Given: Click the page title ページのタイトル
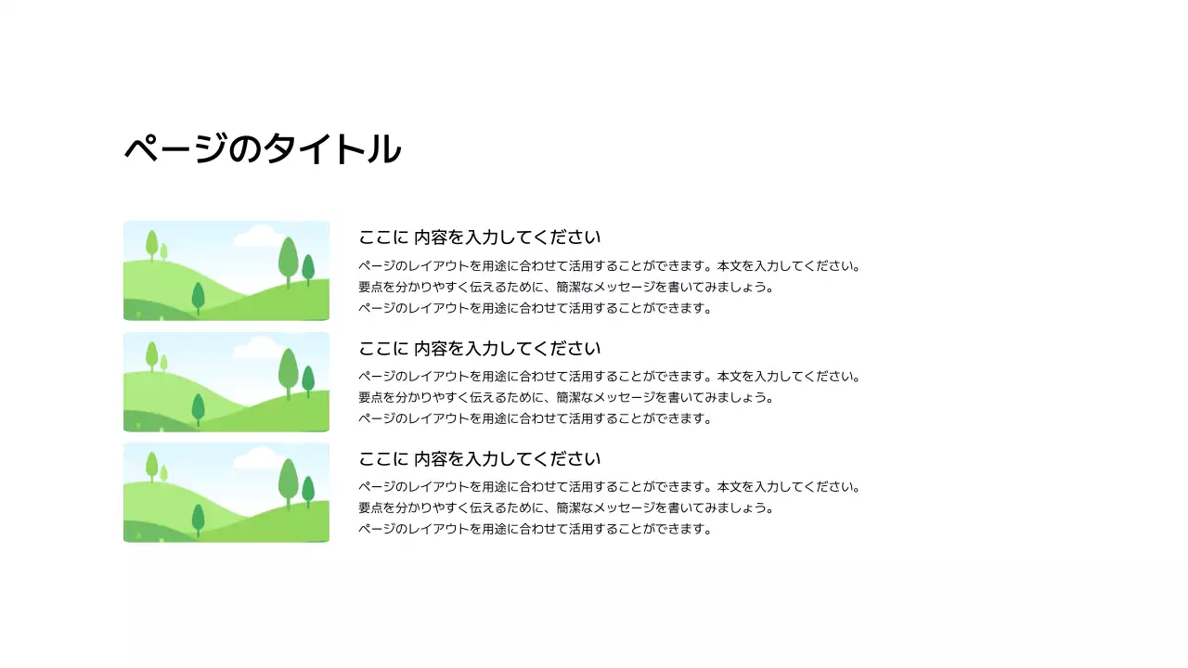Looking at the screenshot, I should click(263, 149).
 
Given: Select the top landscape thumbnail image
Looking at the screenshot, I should click(226, 271).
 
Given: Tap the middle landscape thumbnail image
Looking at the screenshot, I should click(226, 381).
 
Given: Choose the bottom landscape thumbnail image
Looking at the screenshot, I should click(226, 492).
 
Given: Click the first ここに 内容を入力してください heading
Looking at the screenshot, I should click(480, 238).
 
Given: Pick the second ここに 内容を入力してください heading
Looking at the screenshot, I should click(480, 349).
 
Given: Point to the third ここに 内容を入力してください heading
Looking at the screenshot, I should click(480, 459).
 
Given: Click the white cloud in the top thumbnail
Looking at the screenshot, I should click(256, 238).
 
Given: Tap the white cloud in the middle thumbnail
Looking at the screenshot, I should click(256, 349).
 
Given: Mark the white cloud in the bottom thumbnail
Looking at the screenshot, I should click(256, 459).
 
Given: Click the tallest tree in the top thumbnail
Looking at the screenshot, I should click(288, 259).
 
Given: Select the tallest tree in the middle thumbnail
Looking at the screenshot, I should click(288, 370).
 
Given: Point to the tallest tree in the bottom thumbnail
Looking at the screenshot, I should click(288, 481).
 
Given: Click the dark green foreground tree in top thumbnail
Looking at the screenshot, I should click(198, 297).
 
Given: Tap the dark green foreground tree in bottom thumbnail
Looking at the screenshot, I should click(198, 519).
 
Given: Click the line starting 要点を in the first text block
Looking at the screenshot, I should click(566, 287).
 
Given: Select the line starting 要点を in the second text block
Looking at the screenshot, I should click(566, 397).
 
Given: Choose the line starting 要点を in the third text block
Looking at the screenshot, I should click(566, 507).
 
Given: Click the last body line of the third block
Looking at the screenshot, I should click(535, 529).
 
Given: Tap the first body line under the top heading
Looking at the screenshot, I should click(610, 266).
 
